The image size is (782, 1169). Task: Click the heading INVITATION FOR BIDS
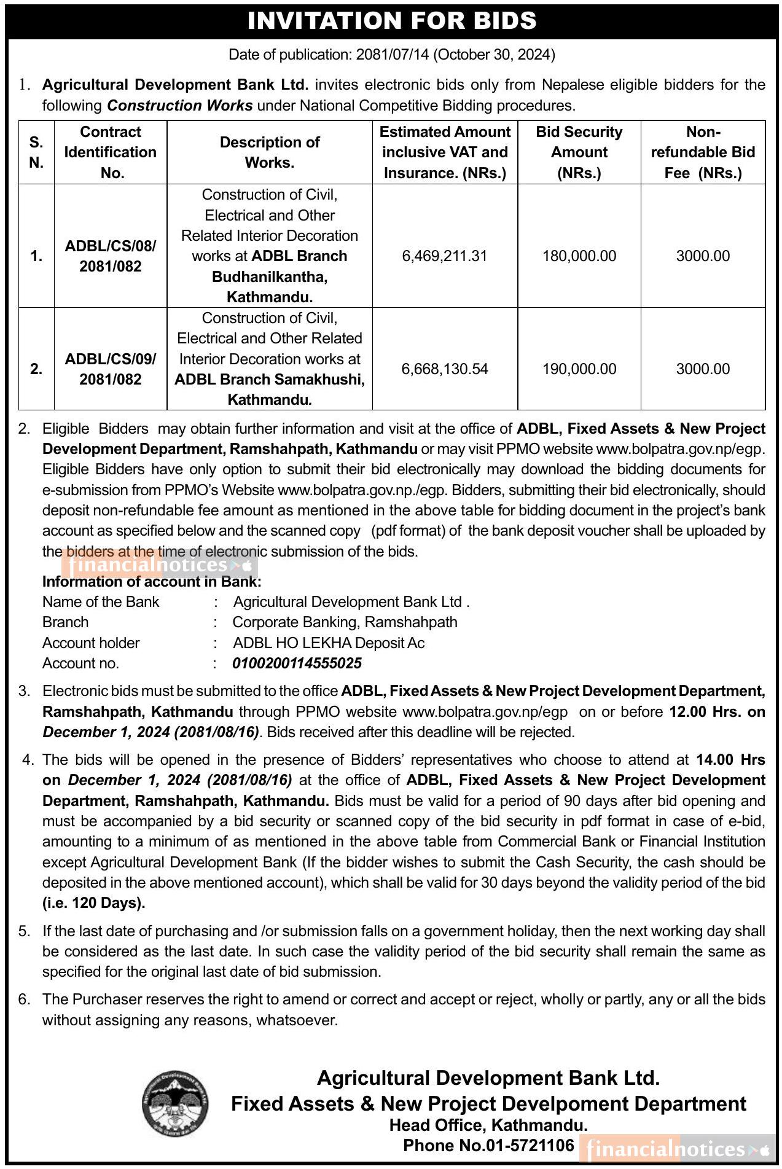(391, 21)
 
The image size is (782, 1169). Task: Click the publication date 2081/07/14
(393, 55)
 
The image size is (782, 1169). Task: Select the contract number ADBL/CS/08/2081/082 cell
(111, 256)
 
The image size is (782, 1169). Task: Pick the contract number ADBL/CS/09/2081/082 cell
(111, 369)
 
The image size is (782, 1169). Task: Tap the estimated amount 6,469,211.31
(444, 256)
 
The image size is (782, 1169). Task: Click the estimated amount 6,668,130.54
(444, 369)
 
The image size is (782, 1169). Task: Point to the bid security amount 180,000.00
(579, 256)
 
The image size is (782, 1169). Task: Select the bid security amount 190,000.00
(579, 369)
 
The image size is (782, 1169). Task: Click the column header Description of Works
(269, 152)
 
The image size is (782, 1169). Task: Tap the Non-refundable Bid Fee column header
(703, 152)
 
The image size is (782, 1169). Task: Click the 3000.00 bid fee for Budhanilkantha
(703, 256)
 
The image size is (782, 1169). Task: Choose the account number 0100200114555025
(297, 663)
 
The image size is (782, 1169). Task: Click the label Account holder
(91, 643)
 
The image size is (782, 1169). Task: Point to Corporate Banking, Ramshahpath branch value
(345, 622)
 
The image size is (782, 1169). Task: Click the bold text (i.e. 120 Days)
(94, 903)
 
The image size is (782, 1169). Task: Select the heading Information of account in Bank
(152, 582)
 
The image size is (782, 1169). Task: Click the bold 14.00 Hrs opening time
(730, 760)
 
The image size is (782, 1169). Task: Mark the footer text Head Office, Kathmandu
(488, 1125)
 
